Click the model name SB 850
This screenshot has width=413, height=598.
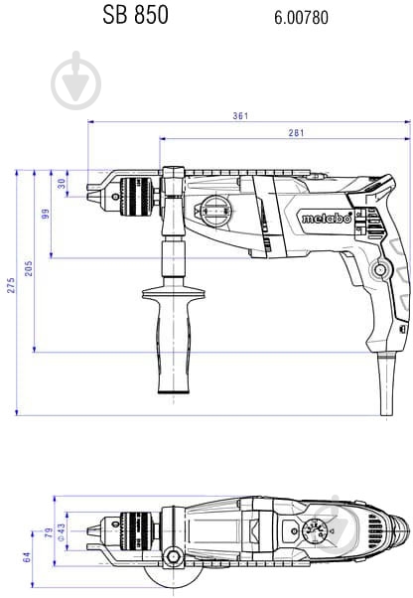point(136,16)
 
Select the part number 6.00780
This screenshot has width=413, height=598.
point(301,18)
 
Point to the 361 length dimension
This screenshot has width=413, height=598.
point(239,116)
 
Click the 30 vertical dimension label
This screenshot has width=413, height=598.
point(62,183)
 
